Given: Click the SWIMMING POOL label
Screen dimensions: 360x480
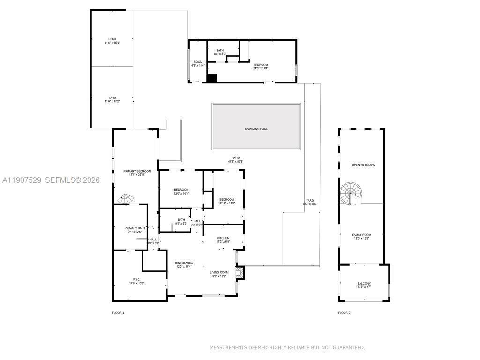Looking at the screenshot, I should tap(256, 129).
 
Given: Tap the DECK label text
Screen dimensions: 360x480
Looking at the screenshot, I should tap(112, 39).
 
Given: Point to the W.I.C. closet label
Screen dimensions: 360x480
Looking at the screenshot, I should tap(136, 280).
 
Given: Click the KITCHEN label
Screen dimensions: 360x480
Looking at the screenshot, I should tap(223, 238).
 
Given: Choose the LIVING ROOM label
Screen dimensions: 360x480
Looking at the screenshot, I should tap(219, 272).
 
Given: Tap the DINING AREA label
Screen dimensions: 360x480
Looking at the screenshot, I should tap(184, 263).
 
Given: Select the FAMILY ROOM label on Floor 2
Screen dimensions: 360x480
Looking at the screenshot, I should tap(361, 235).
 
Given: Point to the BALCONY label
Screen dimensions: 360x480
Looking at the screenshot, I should tap(364, 283).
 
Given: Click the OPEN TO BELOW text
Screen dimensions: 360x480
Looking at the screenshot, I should tap(363, 165).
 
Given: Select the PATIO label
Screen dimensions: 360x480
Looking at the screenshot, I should tap(235, 158).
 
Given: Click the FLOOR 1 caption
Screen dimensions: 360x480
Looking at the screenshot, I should tap(118, 312).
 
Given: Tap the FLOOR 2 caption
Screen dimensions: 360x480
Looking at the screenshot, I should tap(344, 312).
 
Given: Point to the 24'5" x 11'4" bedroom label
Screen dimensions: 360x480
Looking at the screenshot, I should tap(260, 68).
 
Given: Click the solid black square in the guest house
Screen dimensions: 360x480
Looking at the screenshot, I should tap(212, 78).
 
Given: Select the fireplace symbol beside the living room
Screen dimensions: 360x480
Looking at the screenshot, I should tap(240, 273).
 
